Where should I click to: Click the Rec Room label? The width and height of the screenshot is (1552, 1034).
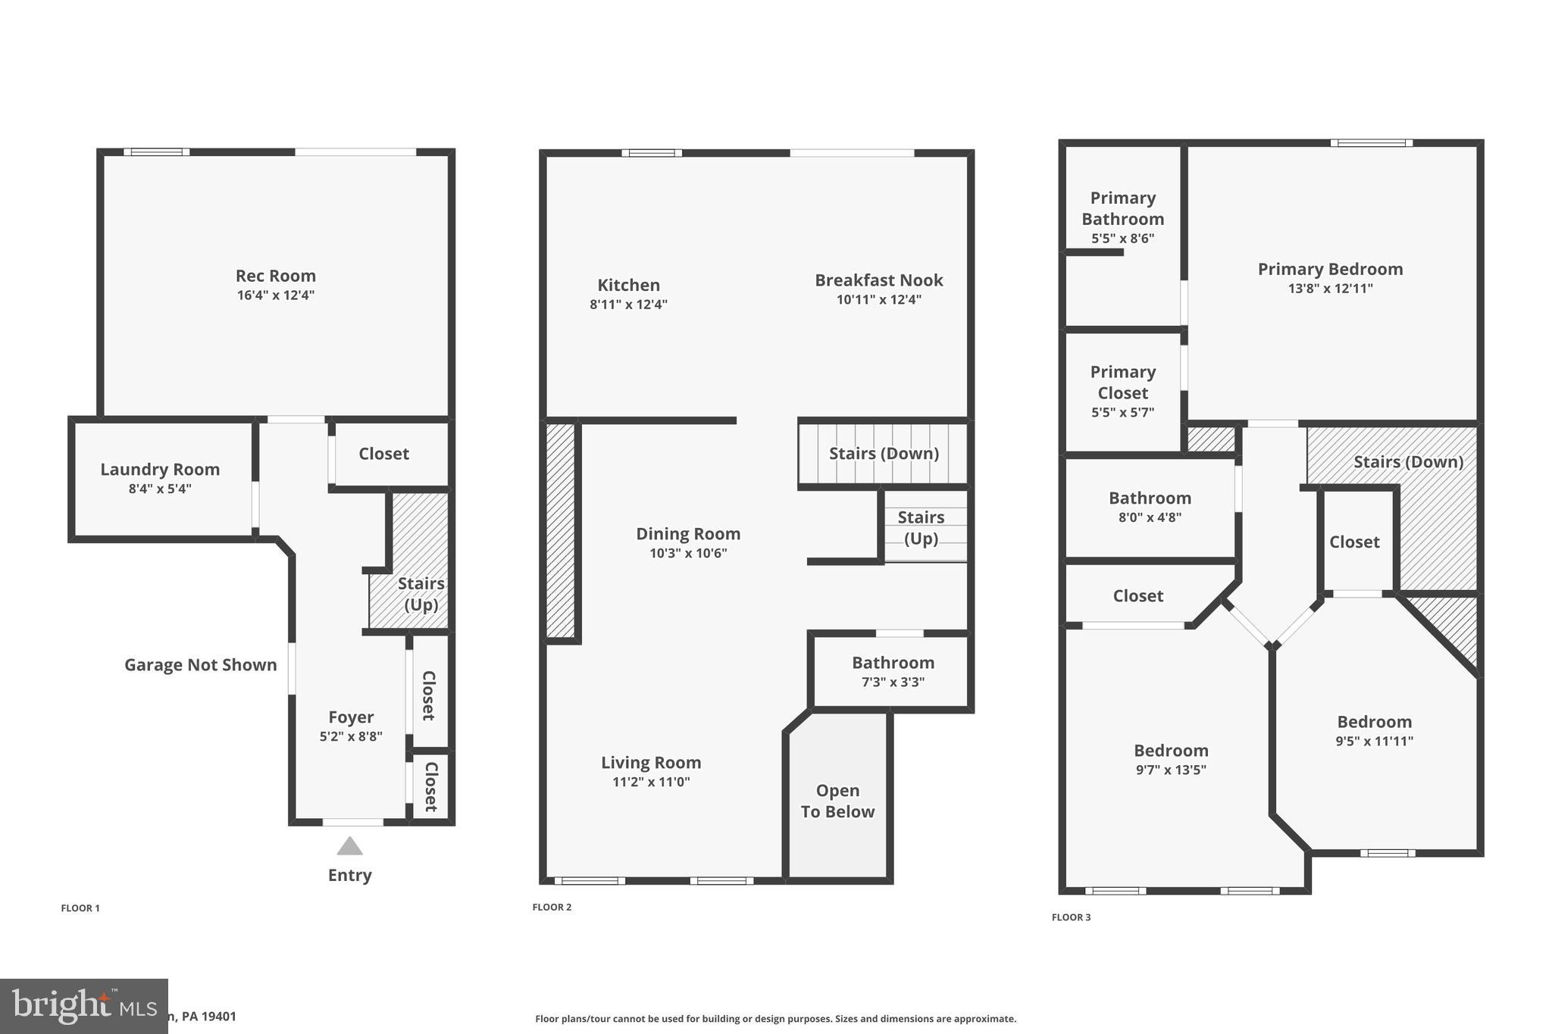pyautogui.click(x=275, y=276)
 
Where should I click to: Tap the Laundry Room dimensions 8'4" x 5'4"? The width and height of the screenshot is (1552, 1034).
pyautogui.click(x=160, y=489)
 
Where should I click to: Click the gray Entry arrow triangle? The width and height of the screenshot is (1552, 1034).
pyautogui.click(x=349, y=846)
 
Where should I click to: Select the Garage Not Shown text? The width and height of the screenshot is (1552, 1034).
pyautogui.click(x=200, y=665)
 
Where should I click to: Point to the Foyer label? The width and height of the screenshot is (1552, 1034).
pyautogui.click(x=351, y=717)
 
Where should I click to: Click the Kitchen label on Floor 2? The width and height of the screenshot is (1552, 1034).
pyautogui.click(x=628, y=286)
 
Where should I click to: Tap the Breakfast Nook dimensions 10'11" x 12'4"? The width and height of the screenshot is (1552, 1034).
pyautogui.click(x=878, y=300)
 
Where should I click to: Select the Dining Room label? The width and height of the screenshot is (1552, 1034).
pyautogui.click(x=687, y=534)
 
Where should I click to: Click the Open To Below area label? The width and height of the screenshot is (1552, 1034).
pyautogui.click(x=837, y=801)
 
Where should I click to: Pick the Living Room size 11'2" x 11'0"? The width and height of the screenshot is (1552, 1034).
pyautogui.click(x=651, y=783)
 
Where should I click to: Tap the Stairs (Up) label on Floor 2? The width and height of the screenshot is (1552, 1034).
pyautogui.click(x=921, y=528)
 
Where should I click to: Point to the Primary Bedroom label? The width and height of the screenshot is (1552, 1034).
pyautogui.click(x=1330, y=270)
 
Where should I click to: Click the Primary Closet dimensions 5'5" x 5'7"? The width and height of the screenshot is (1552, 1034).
pyautogui.click(x=1122, y=413)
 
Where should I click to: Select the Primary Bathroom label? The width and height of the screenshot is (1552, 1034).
pyautogui.click(x=1122, y=209)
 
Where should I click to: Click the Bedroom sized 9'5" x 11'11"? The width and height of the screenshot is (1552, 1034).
pyautogui.click(x=1374, y=723)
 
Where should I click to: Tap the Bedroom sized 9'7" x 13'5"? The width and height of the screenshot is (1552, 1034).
pyautogui.click(x=1171, y=751)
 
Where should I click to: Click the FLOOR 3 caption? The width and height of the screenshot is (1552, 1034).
pyautogui.click(x=1071, y=917)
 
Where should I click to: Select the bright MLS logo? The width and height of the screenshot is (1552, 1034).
pyautogui.click(x=83, y=1006)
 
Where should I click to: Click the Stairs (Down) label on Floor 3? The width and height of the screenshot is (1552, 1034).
pyautogui.click(x=1408, y=462)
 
